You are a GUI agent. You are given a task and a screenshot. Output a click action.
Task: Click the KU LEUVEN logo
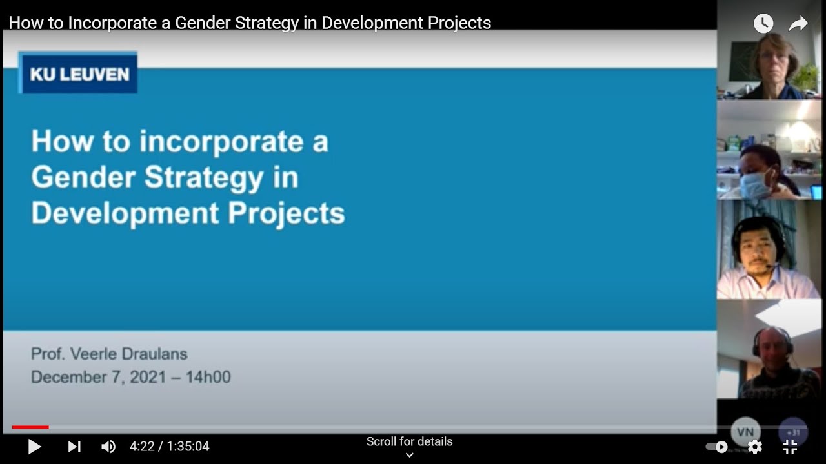(78, 73)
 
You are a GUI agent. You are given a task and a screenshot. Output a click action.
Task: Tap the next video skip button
(74, 447)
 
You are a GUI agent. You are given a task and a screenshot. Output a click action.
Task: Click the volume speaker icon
(108, 447)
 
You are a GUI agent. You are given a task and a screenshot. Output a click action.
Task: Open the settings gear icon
(754, 447)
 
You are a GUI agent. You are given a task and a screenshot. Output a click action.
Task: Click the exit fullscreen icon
(790, 447)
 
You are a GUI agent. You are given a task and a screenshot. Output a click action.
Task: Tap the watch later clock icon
(763, 24)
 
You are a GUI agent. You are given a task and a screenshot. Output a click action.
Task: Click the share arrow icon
(799, 24)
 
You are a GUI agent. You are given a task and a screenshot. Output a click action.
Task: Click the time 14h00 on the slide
(208, 377)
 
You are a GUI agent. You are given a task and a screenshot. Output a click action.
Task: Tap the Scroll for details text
(409, 441)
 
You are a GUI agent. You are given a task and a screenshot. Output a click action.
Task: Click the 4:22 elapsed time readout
(141, 447)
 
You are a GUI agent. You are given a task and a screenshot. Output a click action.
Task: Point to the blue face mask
(756, 185)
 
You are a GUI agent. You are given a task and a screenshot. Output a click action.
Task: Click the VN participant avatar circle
(745, 432)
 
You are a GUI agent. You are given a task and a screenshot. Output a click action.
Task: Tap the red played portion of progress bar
(30, 427)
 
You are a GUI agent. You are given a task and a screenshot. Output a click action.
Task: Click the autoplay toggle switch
(716, 447)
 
